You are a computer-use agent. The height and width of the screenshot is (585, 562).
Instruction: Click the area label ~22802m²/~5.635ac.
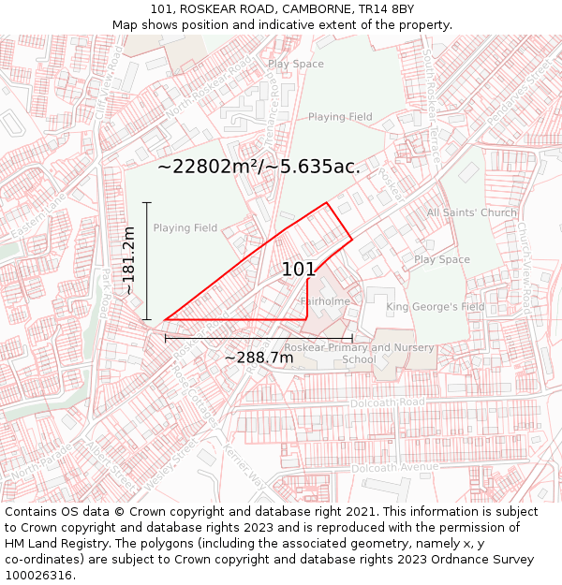pyautogui.click(x=259, y=167)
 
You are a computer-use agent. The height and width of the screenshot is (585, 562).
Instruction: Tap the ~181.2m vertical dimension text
pyautogui.click(x=129, y=260)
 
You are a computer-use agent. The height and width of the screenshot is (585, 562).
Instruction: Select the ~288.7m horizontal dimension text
pyautogui.click(x=259, y=358)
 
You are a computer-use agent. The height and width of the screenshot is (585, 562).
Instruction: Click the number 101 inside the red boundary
pyautogui.click(x=299, y=270)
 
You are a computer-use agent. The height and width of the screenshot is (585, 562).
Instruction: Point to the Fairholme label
pyautogui.click(x=325, y=301)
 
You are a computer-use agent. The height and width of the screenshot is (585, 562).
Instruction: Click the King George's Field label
pyautogui.click(x=436, y=307)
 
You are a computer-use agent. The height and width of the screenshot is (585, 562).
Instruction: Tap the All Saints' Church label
pyautogui.click(x=471, y=212)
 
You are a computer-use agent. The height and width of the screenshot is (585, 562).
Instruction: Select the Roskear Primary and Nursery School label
pyautogui.click(x=359, y=353)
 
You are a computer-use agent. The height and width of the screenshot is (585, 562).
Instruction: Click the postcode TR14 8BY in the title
pyautogui.click(x=386, y=9)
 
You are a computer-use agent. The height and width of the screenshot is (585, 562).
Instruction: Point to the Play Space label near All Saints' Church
pyautogui.click(x=441, y=259)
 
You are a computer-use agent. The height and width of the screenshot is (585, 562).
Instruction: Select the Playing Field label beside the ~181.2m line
pyautogui.click(x=185, y=227)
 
